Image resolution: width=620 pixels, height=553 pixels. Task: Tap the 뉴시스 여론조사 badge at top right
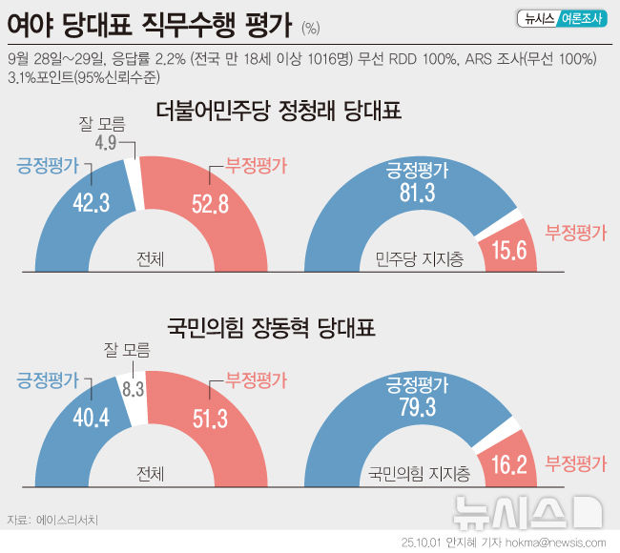click(563, 18)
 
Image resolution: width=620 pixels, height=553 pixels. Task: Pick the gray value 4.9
click(107, 143)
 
